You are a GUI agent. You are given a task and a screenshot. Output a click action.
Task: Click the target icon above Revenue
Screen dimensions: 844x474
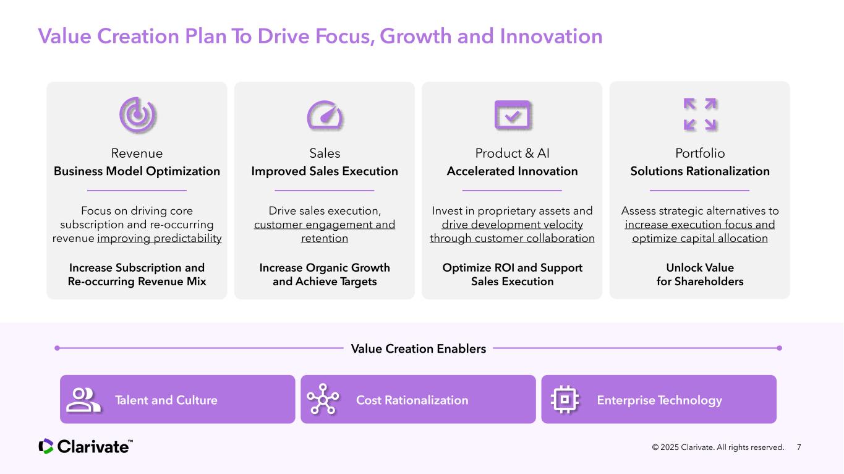pyautogui.click(x=137, y=114)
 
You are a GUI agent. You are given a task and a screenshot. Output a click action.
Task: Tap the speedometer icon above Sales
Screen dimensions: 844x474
pyautogui.click(x=325, y=115)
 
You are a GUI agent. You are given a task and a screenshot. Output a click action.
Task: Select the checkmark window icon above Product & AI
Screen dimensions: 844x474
pyautogui.click(x=513, y=115)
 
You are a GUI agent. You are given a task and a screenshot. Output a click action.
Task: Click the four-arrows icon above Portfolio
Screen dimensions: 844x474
pyautogui.click(x=700, y=114)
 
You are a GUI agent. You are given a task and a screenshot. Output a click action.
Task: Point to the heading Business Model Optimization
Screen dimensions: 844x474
pyautogui.click(x=137, y=171)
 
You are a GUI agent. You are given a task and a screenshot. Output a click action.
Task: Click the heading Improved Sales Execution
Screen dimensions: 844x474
pyautogui.click(x=325, y=171)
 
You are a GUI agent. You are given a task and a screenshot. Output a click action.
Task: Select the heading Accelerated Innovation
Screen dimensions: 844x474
pyautogui.click(x=512, y=171)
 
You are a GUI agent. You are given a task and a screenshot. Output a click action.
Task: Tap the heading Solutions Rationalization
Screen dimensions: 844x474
pyautogui.click(x=700, y=171)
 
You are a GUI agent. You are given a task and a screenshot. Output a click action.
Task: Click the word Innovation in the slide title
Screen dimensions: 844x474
pyautogui.click(x=552, y=37)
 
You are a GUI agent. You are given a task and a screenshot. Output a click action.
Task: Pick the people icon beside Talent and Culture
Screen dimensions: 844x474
pyautogui.click(x=83, y=400)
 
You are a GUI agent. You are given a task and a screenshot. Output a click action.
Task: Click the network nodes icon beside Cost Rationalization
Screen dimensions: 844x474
pyautogui.click(x=323, y=399)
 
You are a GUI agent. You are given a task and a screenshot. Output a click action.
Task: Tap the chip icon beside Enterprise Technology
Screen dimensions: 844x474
pyautogui.click(x=565, y=399)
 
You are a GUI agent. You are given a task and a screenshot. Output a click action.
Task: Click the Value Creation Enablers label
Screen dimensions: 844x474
pyautogui.click(x=418, y=349)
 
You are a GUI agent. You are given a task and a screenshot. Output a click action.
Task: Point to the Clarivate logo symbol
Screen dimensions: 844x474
pyautogui.click(x=46, y=447)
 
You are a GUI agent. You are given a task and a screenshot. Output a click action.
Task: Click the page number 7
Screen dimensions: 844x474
pyautogui.click(x=799, y=447)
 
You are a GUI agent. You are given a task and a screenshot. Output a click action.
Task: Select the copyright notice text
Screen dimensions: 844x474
pyautogui.click(x=718, y=447)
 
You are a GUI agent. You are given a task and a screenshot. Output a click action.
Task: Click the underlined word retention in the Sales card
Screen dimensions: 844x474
pyautogui.click(x=325, y=238)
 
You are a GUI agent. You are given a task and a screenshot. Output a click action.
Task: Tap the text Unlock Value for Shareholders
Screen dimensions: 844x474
pyautogui.click(x=700, y=275)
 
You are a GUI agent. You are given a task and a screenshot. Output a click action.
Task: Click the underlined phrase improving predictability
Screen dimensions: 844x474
pyautogui.click(x=160, y=238)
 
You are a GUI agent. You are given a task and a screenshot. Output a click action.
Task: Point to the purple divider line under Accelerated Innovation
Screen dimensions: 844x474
pyautogui.click(x=512, y=191)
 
